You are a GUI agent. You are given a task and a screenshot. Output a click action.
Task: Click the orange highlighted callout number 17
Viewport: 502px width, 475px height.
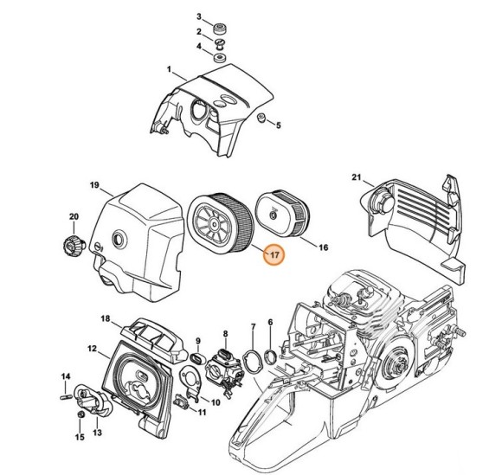[274, 255]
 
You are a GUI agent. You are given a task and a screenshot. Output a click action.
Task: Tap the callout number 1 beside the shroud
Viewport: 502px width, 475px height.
[170, 69]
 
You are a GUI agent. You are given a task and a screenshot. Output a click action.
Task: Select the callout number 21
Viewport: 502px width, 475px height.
[354, 178]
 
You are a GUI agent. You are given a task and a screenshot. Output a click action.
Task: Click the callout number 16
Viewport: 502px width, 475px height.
[324, 247]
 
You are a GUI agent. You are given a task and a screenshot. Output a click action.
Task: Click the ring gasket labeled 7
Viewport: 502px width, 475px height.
[254, 361]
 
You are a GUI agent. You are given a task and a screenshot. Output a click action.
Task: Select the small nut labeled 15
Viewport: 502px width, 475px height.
[78, 416]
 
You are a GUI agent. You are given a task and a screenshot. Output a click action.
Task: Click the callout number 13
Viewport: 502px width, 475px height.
[98, 432]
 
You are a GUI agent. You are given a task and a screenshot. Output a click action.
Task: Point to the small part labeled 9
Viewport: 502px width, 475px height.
[196, 356]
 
